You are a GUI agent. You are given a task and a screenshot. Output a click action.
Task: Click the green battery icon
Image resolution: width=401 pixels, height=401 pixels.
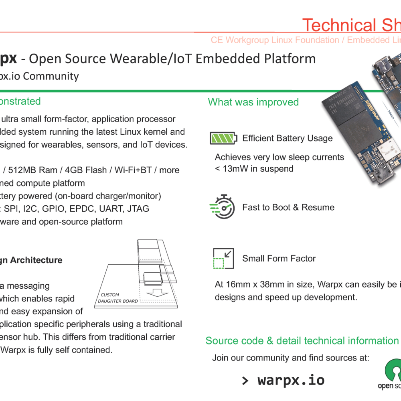(x=223, y=138)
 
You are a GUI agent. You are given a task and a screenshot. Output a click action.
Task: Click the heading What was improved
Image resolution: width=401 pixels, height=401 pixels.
(x=253, y=102)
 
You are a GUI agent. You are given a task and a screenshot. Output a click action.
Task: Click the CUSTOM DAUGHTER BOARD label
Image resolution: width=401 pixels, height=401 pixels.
(x=119, y=298)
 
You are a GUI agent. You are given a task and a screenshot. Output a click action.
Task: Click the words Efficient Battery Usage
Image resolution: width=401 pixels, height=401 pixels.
(x=288, y=138)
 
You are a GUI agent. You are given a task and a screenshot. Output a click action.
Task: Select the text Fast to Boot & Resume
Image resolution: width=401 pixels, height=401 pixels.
(x=288, y=207)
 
